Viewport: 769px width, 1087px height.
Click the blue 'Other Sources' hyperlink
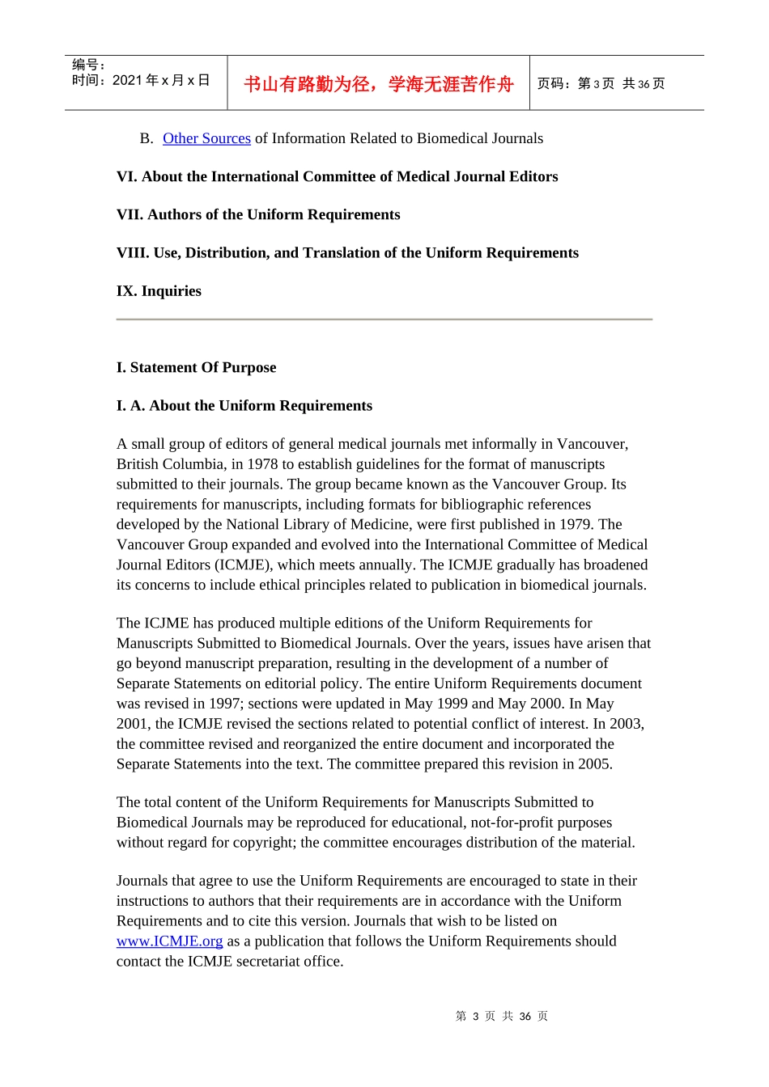[x=206, y=138]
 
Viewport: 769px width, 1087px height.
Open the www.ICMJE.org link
[x=169, y=941]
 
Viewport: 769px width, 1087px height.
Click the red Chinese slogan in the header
[x=378, y=84]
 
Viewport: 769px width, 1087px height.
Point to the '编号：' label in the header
[x=88, y=65]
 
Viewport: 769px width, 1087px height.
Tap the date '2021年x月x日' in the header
[x=160, y=80]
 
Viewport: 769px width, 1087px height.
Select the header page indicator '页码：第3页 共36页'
[x=601, y=84]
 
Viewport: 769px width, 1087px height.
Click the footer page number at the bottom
[x=501, y=1016]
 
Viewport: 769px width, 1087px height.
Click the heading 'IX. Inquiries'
[x=159, y=291]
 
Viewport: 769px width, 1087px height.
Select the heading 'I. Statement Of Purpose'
[x=196, y=368]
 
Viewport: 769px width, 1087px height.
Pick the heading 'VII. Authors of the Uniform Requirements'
[x=258, y=214]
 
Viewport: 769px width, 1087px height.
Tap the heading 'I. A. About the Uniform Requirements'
[x=244, y=406]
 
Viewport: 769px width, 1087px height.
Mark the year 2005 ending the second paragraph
[x=594, y=764]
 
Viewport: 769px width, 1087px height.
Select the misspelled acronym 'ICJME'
[x=167, y=624]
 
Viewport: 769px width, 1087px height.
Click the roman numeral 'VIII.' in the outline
[x=133, y=253]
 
